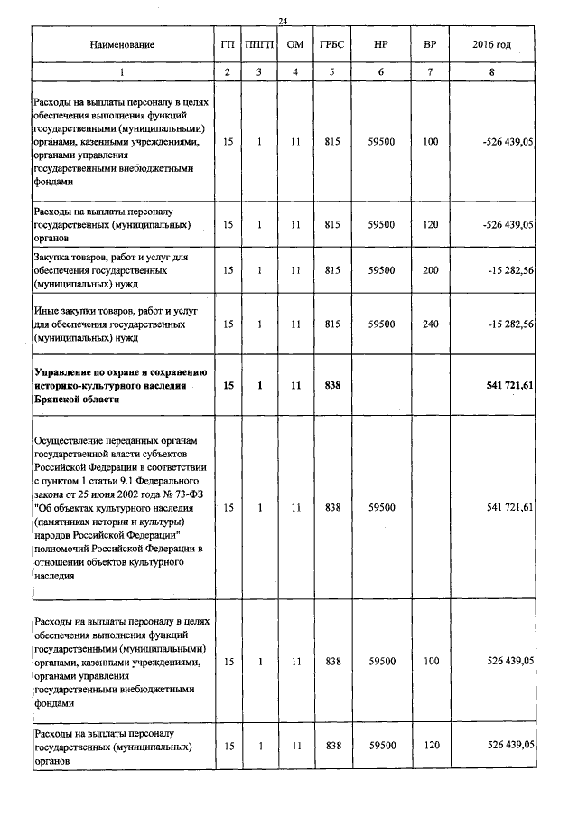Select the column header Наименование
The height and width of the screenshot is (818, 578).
122,44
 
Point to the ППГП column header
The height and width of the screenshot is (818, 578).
259,44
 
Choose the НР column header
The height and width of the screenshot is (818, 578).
382,44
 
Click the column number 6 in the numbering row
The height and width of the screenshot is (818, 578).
382,71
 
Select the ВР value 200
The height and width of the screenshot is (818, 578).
430,269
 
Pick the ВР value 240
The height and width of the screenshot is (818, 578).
430,323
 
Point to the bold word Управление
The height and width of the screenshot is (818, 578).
65,372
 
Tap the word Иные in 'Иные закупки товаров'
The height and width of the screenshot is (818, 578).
45,310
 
